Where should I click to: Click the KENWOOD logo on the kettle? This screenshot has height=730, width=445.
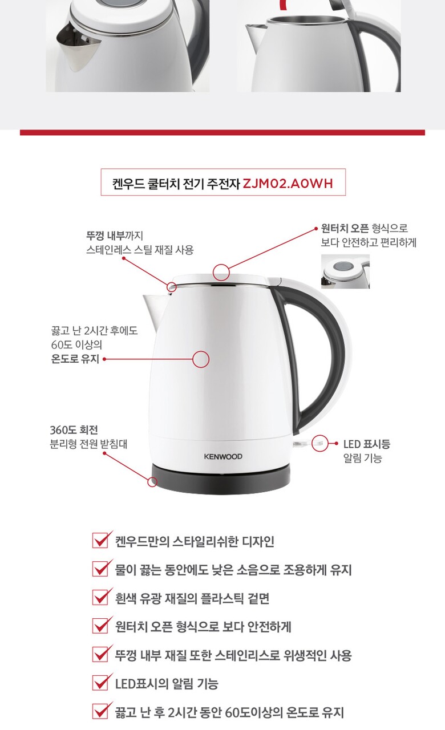223,457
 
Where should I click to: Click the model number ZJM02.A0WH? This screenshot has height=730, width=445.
288,184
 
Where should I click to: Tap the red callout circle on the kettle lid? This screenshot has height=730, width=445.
221,272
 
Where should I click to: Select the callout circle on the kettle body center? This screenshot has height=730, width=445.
201,359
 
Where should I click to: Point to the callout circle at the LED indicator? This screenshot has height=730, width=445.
319,443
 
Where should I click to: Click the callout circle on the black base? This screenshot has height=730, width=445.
152,482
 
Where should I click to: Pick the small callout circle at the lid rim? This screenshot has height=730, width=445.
172,287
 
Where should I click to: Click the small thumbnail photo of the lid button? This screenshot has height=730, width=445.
345,271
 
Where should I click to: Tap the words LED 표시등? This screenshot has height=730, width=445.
367,444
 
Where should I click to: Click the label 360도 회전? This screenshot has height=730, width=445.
74,430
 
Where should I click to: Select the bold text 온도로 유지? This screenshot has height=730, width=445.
75,359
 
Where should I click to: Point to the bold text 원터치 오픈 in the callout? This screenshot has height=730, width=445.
345,228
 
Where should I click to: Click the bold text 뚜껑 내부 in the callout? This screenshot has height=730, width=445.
105,236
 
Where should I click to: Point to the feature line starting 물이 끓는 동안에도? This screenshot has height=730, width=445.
233,570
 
